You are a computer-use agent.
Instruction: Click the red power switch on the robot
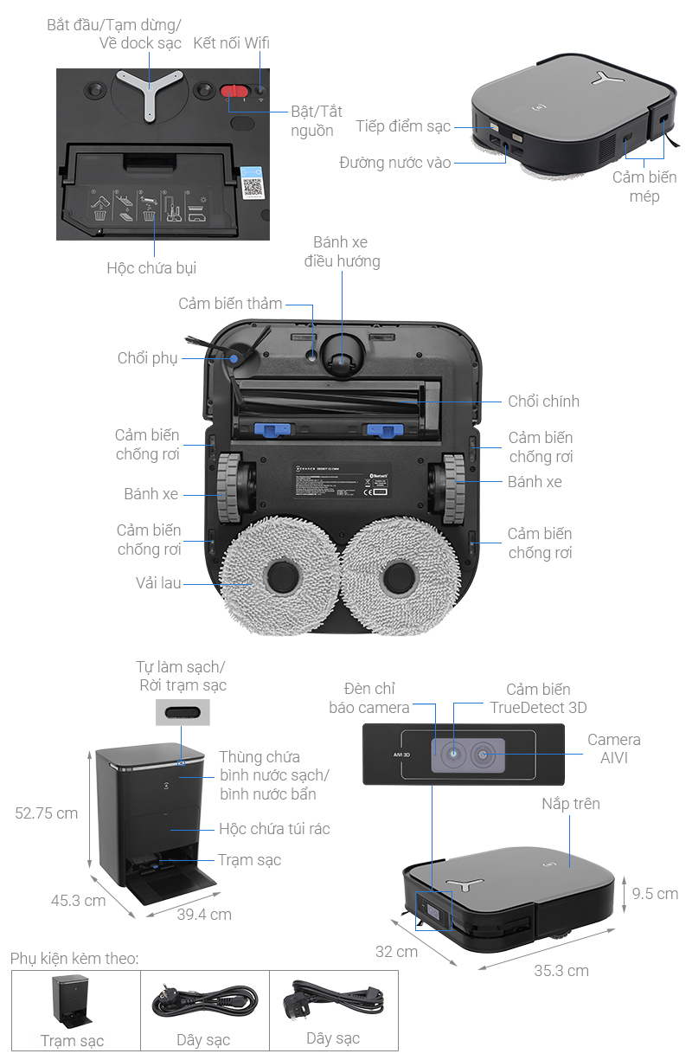pyautogui.click(x=233, y=93)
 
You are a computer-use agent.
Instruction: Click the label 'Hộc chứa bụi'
pyautogui.click(x=151, y=267)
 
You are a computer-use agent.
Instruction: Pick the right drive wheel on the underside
pyautogui.click(x=449, y=489)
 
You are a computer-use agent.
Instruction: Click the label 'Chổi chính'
pyautogui.click(x=543, y=401)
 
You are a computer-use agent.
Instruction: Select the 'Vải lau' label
pyautogui.click(x=158, y=582)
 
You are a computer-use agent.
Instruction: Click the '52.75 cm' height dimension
pyautogui.click(x=47, y=813)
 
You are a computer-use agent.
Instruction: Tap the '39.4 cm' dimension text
pyautogui.click(x=204, y=914)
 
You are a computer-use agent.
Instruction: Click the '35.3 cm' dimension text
pyautogui.click(x=561, y=970)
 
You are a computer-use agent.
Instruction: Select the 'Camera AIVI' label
pyautogui.click(x=614, y=748)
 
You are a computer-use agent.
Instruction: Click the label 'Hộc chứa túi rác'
pyautogui.click(x=274, y=829)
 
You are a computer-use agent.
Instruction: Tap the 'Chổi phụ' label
pyautogui.click(x=147, y=358)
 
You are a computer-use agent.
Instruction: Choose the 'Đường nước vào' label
pyautogui.click(x=395, y=162)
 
